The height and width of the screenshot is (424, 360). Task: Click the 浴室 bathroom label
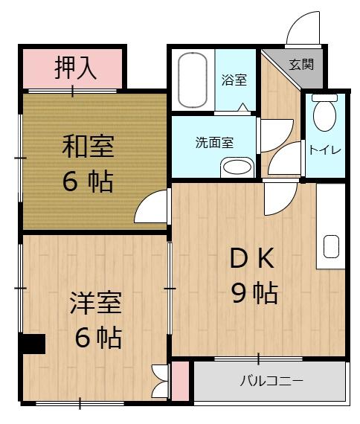[x=234, y=80]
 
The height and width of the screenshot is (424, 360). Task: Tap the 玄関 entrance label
[x=301, y=64]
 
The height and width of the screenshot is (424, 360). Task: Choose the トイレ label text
[x=325, y=150]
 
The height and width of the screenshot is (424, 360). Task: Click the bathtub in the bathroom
[x=195, y=78]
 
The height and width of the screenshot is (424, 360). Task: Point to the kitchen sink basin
[x=331, y=245]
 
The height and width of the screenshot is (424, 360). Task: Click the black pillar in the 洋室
[x=33, y=344]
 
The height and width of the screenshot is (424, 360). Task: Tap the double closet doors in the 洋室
[x=159, y=381]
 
